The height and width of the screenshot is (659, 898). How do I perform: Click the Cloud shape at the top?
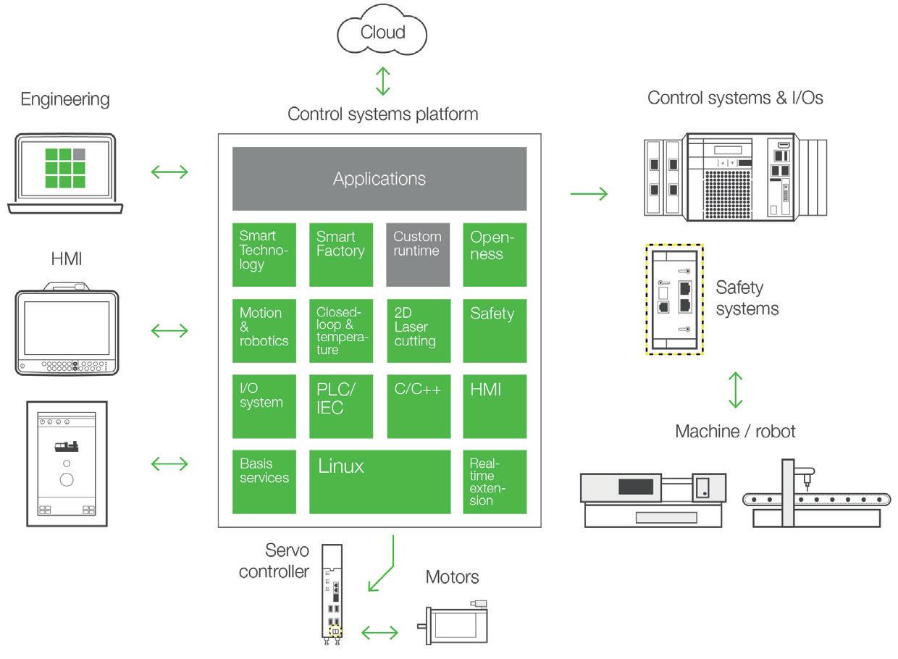pos(382,33)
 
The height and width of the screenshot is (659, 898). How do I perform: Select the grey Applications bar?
pos(379,179)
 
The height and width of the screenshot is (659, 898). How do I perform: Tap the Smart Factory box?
pos(340,254)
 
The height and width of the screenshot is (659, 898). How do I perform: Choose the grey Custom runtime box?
pos(418,254)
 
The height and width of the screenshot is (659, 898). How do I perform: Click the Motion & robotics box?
pos(264,330)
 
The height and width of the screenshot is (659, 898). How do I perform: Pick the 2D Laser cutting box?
pos(418,330)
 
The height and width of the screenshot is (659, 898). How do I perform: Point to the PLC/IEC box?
pos(340,406)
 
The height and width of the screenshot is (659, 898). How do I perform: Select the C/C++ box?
pos(418,406)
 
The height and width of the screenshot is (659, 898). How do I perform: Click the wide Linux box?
pos(379,482)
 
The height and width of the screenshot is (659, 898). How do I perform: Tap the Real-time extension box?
pos(495,482)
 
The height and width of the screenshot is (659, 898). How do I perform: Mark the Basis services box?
pos(264,482)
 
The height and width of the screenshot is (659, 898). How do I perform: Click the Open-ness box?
pos(495,254)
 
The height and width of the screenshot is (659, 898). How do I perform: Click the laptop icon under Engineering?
pos(65,174)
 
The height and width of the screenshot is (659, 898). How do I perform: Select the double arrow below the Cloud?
pos(382,81)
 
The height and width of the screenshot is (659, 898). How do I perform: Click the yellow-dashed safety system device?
pos(673,299)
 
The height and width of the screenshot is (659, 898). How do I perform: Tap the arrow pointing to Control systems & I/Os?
pos(589,194)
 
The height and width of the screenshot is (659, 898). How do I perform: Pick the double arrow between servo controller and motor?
pos(379,633)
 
